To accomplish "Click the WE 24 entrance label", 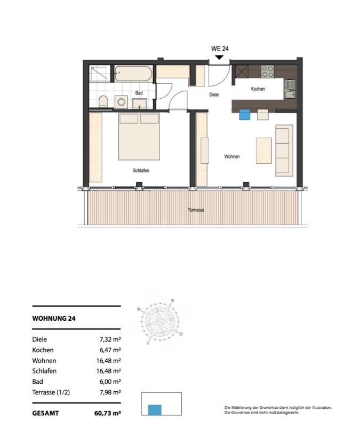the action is coord(220,49).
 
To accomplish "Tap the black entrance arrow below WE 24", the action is coord(219,58).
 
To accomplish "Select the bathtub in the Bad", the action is coord(133,73).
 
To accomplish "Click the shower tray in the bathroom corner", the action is coord(100,73).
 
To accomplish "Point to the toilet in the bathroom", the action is coord(103,101).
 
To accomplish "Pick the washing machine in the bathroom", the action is coord(121,102).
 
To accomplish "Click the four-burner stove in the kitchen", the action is coord(267,72).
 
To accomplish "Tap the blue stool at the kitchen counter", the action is coord(245,115).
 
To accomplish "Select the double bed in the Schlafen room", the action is coord(139,137).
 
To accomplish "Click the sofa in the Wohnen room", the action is coord(284,151).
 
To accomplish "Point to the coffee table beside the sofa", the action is coord(263,151).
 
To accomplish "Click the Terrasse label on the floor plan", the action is coord(196,210).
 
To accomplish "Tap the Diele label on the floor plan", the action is coord(214,94).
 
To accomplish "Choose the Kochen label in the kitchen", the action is coord(258,89).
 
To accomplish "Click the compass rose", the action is coord(161,322).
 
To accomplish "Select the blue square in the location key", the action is coord(155,410).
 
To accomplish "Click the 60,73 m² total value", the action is coord(108,413).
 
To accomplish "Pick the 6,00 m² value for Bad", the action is coord(110,382).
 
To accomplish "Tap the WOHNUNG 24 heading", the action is coord(54,318).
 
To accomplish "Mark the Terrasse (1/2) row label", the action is coord(51,392).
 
